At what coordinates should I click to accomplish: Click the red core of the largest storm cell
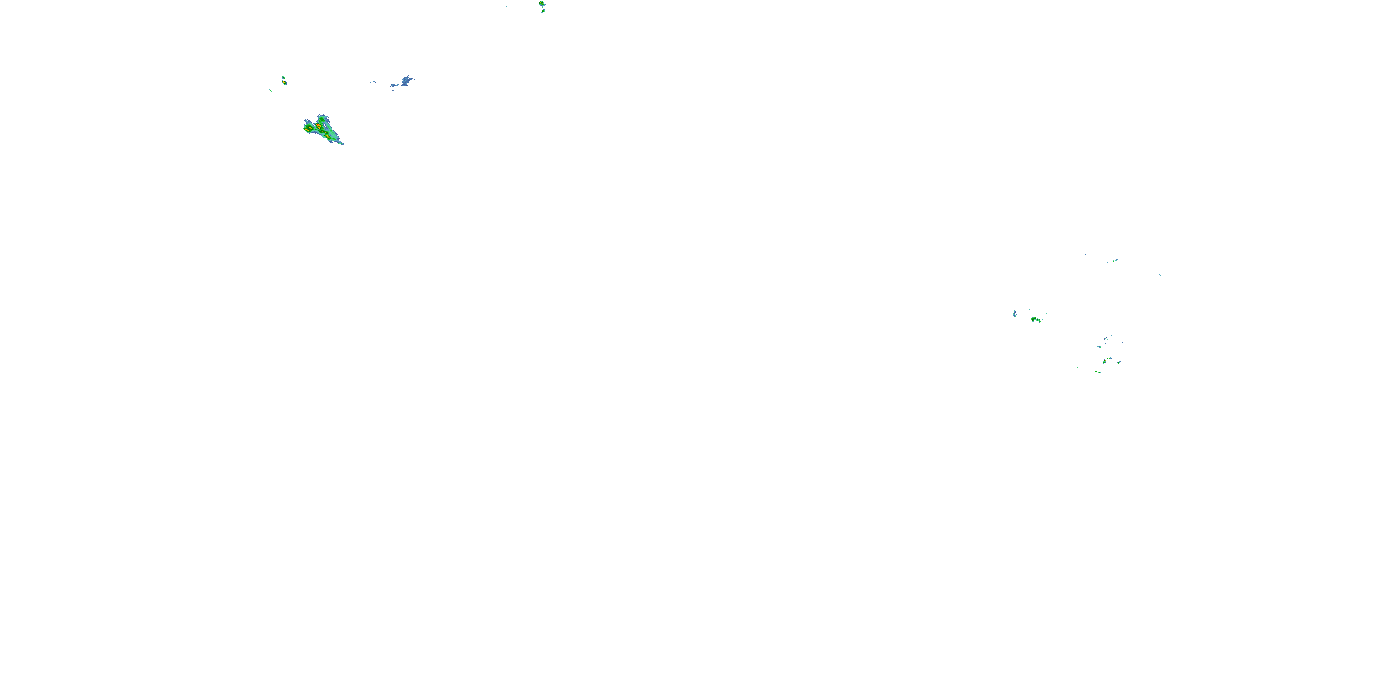[319, 125]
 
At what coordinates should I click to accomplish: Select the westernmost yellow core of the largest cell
[307, 130]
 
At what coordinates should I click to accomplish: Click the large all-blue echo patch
[406, 81]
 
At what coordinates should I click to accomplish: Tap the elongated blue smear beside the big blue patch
[394, 85]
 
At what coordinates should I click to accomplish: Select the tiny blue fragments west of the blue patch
[372, 82]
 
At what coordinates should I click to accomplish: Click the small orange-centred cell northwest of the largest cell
[284, 82]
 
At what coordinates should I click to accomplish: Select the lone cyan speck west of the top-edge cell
[507, 6]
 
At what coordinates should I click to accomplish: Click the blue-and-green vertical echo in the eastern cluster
[1015, 313]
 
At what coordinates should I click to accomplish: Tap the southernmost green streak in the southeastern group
[1097, 372]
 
